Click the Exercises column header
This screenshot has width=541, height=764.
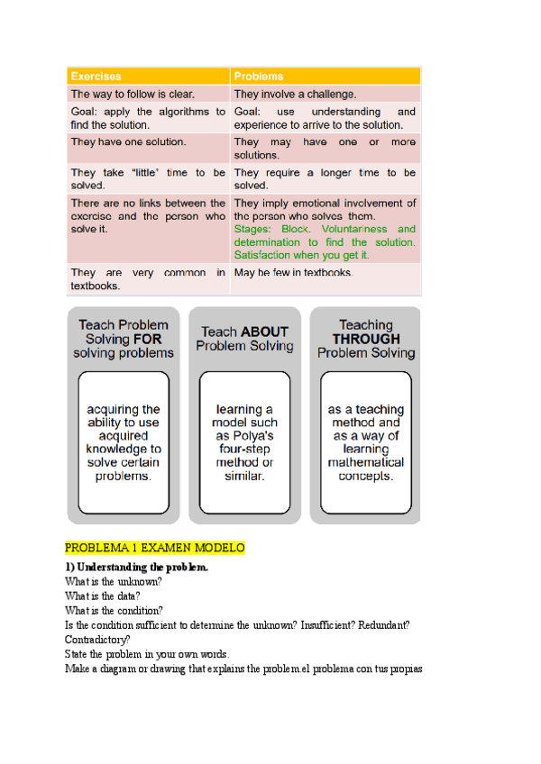click(96, 77)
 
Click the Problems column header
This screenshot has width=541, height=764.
click(259, 77)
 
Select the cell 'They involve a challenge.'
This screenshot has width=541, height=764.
click(295, 94)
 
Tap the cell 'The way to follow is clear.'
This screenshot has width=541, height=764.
click(133, 94)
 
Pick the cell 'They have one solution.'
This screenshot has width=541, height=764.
click(129, 141)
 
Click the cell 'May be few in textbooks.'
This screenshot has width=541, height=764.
click(293, 272)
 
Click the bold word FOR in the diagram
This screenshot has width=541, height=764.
click(149, 339)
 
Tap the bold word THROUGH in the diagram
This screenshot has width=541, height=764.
click(365, 339)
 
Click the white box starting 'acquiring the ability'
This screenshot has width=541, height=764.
click(124, 441)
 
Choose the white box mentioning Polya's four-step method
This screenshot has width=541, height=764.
click(244, 441)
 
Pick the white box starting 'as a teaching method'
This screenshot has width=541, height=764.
click(366, 441)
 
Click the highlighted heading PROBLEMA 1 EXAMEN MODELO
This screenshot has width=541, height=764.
click(155, 548)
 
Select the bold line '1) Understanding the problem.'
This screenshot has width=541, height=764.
click(136, 568)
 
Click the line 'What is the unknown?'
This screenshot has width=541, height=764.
click(114, 581)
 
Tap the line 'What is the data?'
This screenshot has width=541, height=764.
click(103, 596)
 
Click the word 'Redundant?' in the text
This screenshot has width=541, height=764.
click(381, 624)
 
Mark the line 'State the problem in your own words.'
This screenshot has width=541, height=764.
click(147, 653)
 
